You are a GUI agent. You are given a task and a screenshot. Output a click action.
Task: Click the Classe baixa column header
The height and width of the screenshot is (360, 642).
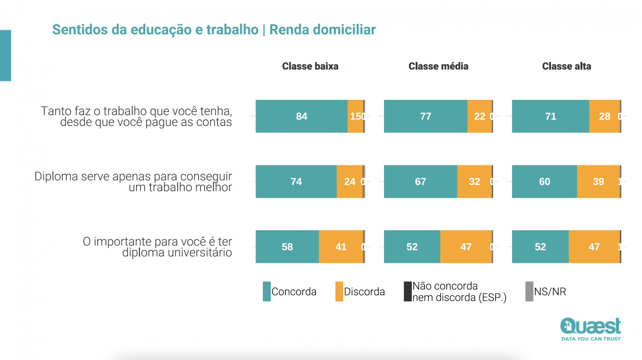(x=310, y=66)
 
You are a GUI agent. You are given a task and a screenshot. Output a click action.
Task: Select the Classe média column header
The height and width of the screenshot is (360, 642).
(x=438, y=66)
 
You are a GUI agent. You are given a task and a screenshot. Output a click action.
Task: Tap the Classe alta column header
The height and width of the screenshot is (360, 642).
(x=566, y=66)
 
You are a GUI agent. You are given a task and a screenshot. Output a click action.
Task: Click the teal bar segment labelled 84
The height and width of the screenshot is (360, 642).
(x=301, y=116)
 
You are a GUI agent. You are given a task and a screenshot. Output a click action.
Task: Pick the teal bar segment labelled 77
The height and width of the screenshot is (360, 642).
(x=425, y=116)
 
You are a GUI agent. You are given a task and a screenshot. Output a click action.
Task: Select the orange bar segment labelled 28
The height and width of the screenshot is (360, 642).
(x=604, y=116)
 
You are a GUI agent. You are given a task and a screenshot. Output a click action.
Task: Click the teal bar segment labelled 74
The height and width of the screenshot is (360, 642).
(x=296, y=181)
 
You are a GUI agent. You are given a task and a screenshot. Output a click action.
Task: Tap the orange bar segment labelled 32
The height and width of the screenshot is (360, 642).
(x=474, y=181)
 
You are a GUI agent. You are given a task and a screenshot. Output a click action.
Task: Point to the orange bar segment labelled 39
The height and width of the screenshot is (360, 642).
(x=598, y=181)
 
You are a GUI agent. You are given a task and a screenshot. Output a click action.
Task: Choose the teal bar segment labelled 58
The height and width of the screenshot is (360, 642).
(x=287, y=247)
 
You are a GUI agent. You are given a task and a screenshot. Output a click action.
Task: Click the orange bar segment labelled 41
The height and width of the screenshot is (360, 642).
(x=341, y=247)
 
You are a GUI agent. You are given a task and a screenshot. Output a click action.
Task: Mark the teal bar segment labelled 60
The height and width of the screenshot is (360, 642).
(x=544, y=181)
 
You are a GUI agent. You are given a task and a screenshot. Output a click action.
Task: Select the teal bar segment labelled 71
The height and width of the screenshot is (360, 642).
(x=551, y=116)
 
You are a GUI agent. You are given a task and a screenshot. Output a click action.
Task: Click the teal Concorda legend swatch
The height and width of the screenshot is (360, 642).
(x=266, y=291)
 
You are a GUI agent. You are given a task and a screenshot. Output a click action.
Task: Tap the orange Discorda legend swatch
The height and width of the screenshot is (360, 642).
(x=339, y=291)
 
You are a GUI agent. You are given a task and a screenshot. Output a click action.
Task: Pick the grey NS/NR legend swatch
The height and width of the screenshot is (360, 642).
(x=529, y=291)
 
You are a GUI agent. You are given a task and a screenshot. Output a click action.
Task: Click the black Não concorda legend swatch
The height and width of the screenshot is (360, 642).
(x=408, y=291)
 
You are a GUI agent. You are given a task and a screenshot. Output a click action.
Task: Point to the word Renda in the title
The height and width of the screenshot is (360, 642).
(x=289, y=30)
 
